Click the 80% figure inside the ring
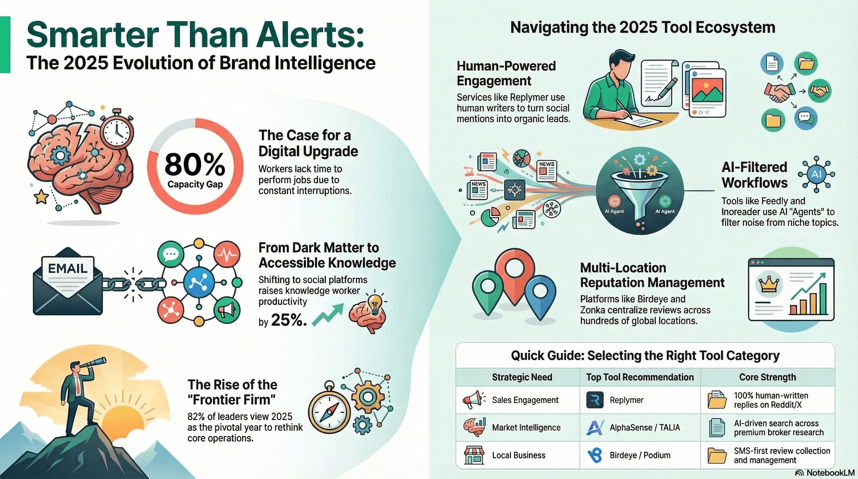195,164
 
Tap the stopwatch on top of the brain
117,130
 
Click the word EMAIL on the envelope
67,268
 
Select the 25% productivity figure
289,320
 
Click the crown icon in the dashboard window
769,284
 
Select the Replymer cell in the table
626,400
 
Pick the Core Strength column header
767,377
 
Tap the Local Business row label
518,455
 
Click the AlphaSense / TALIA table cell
644,428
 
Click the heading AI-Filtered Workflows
755,175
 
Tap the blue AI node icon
816,174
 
